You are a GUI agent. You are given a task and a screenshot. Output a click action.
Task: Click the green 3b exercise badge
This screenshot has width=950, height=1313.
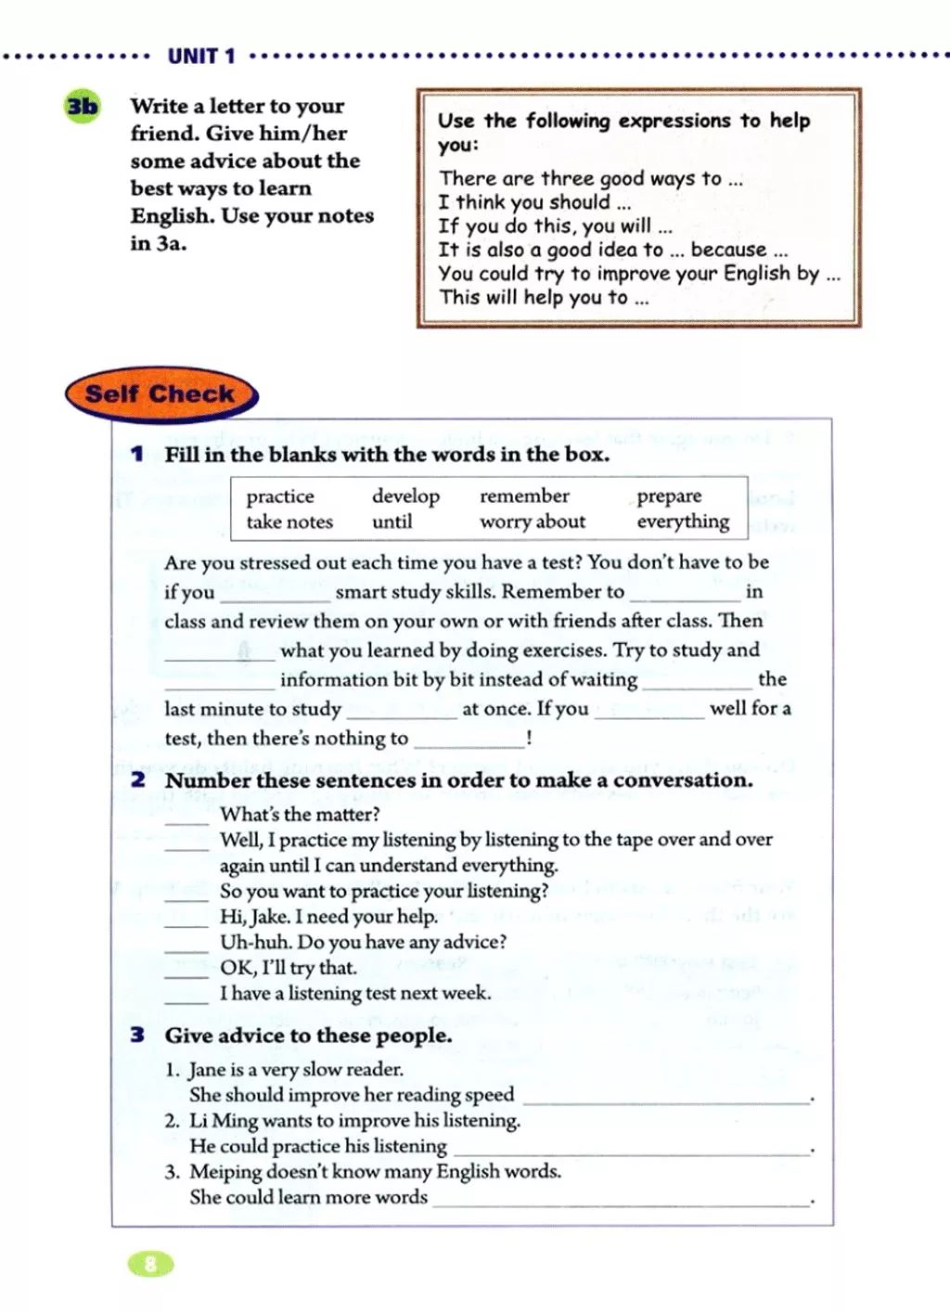pyautogui.click(x=82, y=108)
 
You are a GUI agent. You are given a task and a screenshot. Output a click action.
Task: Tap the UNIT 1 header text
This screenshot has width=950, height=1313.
pyautogui.click(x=201, y=57)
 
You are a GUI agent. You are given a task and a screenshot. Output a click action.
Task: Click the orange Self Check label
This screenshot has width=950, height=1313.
pyautogui.click(x=160, y=394)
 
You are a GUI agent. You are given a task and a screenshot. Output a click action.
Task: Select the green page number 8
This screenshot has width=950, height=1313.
pyautogui.click(x=150, y=1263)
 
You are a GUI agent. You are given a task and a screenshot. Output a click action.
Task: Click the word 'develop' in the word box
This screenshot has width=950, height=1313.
pyautogui.click(x=405, y=496)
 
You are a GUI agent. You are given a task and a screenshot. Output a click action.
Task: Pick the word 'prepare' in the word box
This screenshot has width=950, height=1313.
pyautogui.click(x=669, y=496)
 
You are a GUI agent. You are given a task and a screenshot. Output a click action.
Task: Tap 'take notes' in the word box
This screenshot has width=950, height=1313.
pyautogui.click(x=289, y=522)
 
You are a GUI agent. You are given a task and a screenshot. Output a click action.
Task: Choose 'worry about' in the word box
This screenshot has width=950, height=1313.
pyautogui.click(x=533, y=522)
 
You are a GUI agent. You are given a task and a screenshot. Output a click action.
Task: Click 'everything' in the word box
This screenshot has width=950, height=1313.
pyautogui.click(x=683, y=522)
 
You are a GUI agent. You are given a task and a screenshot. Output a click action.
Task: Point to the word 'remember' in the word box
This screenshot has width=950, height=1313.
pyautogui.click(x=524, y=496)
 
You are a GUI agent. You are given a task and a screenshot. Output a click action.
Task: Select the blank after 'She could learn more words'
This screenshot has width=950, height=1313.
pyautogui.click(x=622, y=1201)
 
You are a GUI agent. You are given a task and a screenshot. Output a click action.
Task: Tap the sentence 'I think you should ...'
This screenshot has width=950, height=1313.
pyautogui.click(x=534, y=202)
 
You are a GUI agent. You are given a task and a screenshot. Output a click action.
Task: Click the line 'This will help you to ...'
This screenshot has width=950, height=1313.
pyautogui.click(x=544, y=298)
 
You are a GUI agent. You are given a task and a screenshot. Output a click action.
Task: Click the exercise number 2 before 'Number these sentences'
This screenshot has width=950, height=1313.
pyautogui.click(x=138, y=780)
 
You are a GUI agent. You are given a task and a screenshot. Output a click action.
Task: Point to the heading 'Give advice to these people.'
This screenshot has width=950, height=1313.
pyautogui.click(x=308, y=1036)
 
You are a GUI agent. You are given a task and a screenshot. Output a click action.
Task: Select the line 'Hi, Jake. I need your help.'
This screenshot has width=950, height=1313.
pyautogui.click(x=328, y=917)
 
